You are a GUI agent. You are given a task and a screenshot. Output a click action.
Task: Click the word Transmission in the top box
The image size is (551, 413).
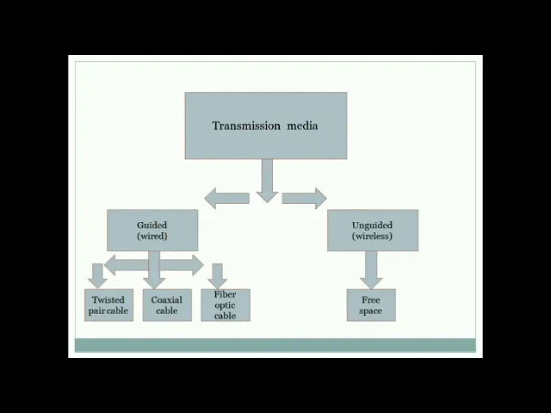point(246,126)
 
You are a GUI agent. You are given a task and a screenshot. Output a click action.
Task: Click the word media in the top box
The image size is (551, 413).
point(302,126)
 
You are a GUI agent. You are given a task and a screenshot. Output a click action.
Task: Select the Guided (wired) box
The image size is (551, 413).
point(152,231)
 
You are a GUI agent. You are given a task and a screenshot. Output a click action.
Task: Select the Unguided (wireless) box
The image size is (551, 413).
point(373,231)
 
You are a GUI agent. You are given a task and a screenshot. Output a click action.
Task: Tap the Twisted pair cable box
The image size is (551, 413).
point(109,305)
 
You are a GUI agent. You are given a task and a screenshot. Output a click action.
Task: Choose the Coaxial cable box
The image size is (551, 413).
point(167,305)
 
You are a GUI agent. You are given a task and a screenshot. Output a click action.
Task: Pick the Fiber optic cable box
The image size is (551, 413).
point(226,305)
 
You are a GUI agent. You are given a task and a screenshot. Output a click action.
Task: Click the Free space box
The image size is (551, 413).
point(371,305)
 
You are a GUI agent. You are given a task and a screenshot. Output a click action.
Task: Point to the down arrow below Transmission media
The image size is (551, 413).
point(267,181)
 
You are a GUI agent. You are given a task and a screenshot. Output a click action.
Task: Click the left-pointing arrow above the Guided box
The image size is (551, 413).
point(227,198)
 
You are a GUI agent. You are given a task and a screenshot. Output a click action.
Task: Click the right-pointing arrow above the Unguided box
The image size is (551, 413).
point(304,198)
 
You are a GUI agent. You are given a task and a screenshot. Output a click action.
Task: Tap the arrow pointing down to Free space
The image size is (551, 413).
point(371,270)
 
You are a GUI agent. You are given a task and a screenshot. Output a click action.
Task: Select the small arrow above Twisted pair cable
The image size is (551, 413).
point(97,276)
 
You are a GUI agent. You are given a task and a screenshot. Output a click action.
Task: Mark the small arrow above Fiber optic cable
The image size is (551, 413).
point(217,276)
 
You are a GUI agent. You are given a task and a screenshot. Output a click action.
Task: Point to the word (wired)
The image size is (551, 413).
point(152,236)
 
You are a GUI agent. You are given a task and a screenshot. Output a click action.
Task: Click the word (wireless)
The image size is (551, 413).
point(372,236)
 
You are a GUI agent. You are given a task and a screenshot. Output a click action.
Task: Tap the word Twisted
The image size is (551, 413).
point(108,299)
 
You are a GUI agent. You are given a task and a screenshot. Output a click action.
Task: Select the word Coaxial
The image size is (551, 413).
point(166,299)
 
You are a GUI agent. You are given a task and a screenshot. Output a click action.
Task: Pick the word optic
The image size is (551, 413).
point(225,305)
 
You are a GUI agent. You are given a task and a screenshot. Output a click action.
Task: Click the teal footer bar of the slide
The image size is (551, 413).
point(275,345)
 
